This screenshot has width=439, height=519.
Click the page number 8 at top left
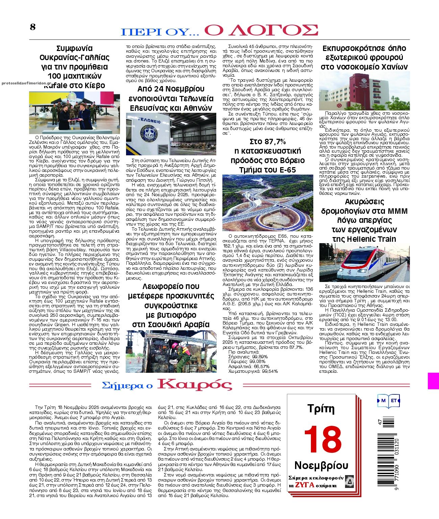[32, 27]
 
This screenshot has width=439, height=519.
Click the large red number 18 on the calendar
[323, 440]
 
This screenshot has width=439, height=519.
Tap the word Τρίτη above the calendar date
[321, 409]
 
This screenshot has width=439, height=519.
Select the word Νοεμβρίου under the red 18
[321, 465]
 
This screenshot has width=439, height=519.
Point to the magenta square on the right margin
[433, 381]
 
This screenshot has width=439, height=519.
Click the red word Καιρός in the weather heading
[195, 385]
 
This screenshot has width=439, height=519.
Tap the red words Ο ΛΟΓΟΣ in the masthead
[261, 30]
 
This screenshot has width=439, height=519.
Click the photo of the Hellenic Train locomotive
[364, 262]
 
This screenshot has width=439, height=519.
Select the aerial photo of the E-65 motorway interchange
[268, 203]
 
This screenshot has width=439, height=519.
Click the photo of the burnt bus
[171, 351]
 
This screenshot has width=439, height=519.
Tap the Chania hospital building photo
[364, 91]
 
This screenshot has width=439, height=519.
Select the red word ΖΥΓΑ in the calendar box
[304, 485]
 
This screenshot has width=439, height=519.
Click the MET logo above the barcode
[389, 401]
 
